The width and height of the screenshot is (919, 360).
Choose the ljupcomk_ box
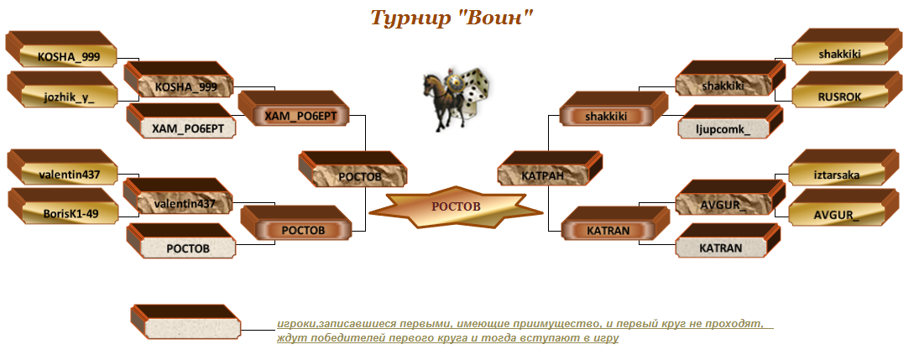[x=730, y=123]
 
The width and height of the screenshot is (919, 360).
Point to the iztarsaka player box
[x=844, y=168]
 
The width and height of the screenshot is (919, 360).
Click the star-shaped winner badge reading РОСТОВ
[x=456, y=206]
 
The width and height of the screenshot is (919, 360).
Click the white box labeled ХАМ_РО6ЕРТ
[x=181, y=122]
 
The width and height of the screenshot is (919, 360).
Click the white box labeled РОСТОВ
[x=181, y=241]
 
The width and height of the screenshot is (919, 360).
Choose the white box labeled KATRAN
[x=730, y=241]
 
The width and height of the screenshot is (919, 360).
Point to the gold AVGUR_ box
[x=844, y=207]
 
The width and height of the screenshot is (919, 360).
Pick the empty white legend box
[x=185, y=322]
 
